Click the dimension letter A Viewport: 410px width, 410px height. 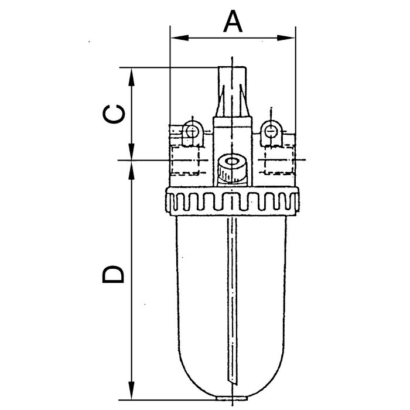[233, 22]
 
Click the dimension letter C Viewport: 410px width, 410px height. [114, 114]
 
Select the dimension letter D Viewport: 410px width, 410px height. [112, 274]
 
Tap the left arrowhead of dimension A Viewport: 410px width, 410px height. [180, 38]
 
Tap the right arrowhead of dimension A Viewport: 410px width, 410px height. [286, 38]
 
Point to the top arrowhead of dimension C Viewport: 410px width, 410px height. [132, 77]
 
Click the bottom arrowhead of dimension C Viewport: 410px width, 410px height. [132, 151]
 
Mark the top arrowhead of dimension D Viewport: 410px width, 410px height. [132, 170]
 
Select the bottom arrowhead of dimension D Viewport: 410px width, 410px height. [132, 391]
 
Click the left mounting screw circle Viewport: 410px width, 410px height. [192, 130]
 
